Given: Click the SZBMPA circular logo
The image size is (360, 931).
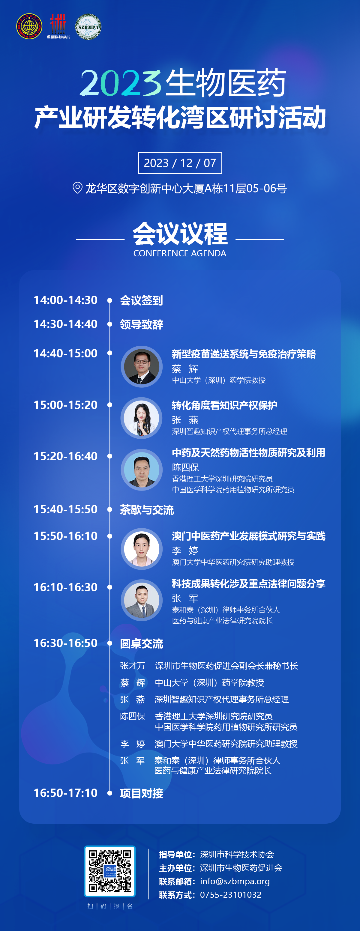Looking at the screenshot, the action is (88, 27).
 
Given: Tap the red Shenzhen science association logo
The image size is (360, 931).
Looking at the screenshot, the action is (58, 26).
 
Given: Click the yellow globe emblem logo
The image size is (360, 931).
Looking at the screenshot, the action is (29, 26).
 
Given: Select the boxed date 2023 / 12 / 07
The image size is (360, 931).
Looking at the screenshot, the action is (180, 163).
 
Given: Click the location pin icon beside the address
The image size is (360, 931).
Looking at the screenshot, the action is (77, 188).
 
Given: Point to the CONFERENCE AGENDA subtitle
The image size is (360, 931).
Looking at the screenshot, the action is (180, 253).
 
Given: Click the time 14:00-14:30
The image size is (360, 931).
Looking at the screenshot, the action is (65, 300).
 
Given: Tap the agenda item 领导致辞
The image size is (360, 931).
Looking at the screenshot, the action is (141, 324).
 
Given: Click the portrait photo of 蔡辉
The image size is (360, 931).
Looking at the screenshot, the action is (142, 366).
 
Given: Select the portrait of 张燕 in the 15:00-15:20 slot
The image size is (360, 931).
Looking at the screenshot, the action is (142, 418).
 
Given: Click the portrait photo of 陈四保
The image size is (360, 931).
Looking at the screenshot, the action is (142, 470).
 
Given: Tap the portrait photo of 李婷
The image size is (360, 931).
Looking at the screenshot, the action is (142, 549).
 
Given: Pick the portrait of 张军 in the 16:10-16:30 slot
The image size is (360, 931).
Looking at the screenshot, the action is (142, 600).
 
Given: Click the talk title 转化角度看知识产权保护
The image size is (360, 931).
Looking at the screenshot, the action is (224, 405).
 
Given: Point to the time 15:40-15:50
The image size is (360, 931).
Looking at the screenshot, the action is (65, 509).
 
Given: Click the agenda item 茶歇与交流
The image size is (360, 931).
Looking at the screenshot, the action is (147, 510).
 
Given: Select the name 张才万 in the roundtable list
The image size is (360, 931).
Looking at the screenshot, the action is (133, 666).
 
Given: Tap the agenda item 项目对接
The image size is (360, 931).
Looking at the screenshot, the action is (141, 793).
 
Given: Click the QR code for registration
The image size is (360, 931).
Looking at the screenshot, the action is (110, 871).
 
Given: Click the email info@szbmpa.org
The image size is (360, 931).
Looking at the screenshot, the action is (235, 881).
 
